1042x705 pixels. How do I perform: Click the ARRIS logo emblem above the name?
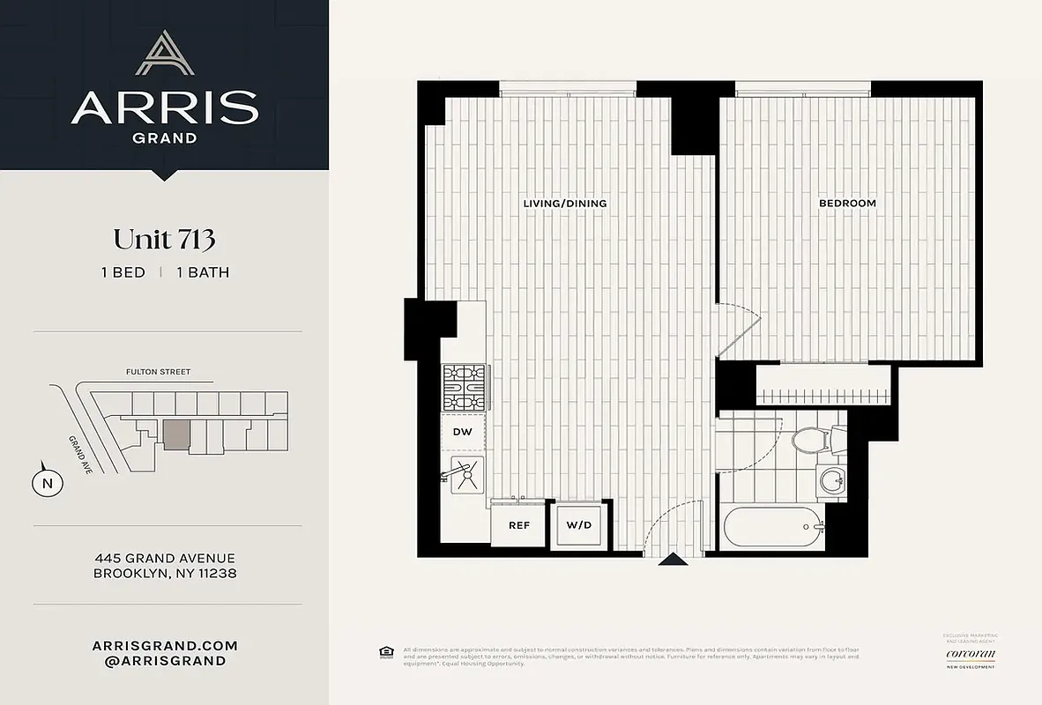coord(164,54)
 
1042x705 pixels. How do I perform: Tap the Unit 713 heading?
coord(164,239)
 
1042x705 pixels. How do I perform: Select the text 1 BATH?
coord(203,272)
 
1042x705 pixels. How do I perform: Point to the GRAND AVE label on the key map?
coord(81,454)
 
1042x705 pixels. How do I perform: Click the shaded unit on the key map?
coord(176,434)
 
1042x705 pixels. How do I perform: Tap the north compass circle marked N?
coord(48,482)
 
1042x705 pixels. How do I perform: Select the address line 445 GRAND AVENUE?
coord(165,558)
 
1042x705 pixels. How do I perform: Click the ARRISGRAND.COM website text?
coord(165,646)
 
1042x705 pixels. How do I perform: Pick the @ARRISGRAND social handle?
coord(165,661)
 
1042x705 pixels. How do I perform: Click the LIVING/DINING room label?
coord(565,204)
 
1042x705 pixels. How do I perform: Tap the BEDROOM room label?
coord(847,204)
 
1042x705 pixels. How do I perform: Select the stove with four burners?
coord(463,388)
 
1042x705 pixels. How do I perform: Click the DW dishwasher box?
coord(463,433)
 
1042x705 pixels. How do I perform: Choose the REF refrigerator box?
coord(518,525)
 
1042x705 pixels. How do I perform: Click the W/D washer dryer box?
coord(578,525)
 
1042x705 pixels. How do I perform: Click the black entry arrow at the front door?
coord(674,559)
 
